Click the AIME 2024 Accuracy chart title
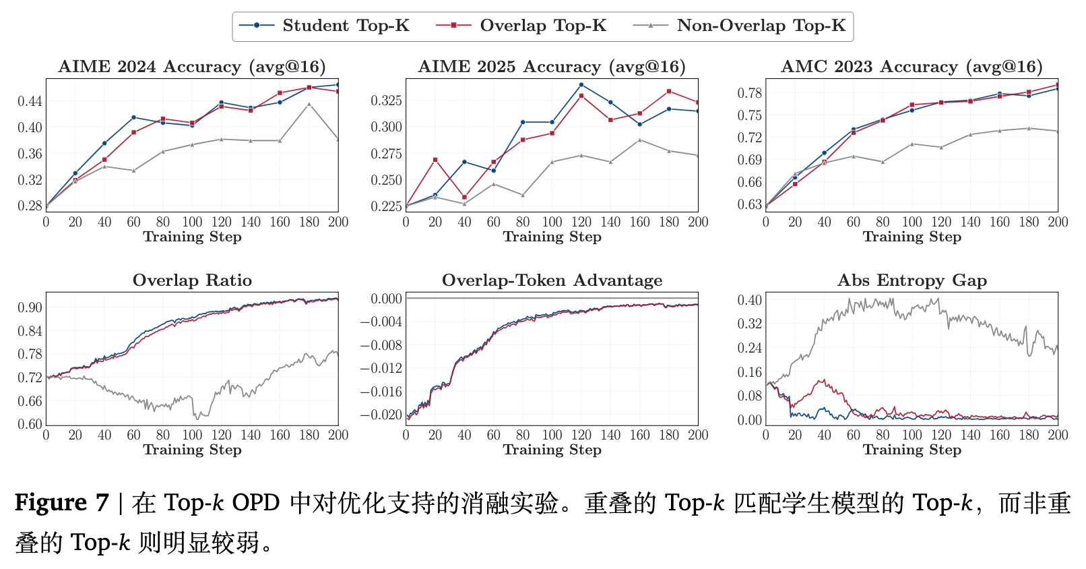pos(192,67)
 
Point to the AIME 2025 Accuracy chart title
pos(552,67)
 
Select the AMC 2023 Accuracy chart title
pos(912,67)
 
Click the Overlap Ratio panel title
pos(192,280)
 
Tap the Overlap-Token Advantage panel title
pos(552,280)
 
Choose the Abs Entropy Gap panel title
pos(912,280)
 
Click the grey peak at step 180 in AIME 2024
pos(309,104)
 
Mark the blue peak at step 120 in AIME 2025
pos(581,85)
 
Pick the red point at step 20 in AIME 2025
pos(435,160)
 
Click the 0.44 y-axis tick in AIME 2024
pos(30,101)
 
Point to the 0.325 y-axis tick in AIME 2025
pos(387,100)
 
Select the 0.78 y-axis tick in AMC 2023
pos(750,93)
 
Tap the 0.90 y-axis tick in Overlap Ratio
pos(30,307)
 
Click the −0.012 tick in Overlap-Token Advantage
pos(381,368)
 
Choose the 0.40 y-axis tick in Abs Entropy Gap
pos(750,300)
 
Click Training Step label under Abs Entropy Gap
pos(912,450)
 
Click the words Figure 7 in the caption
pos(61,503)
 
